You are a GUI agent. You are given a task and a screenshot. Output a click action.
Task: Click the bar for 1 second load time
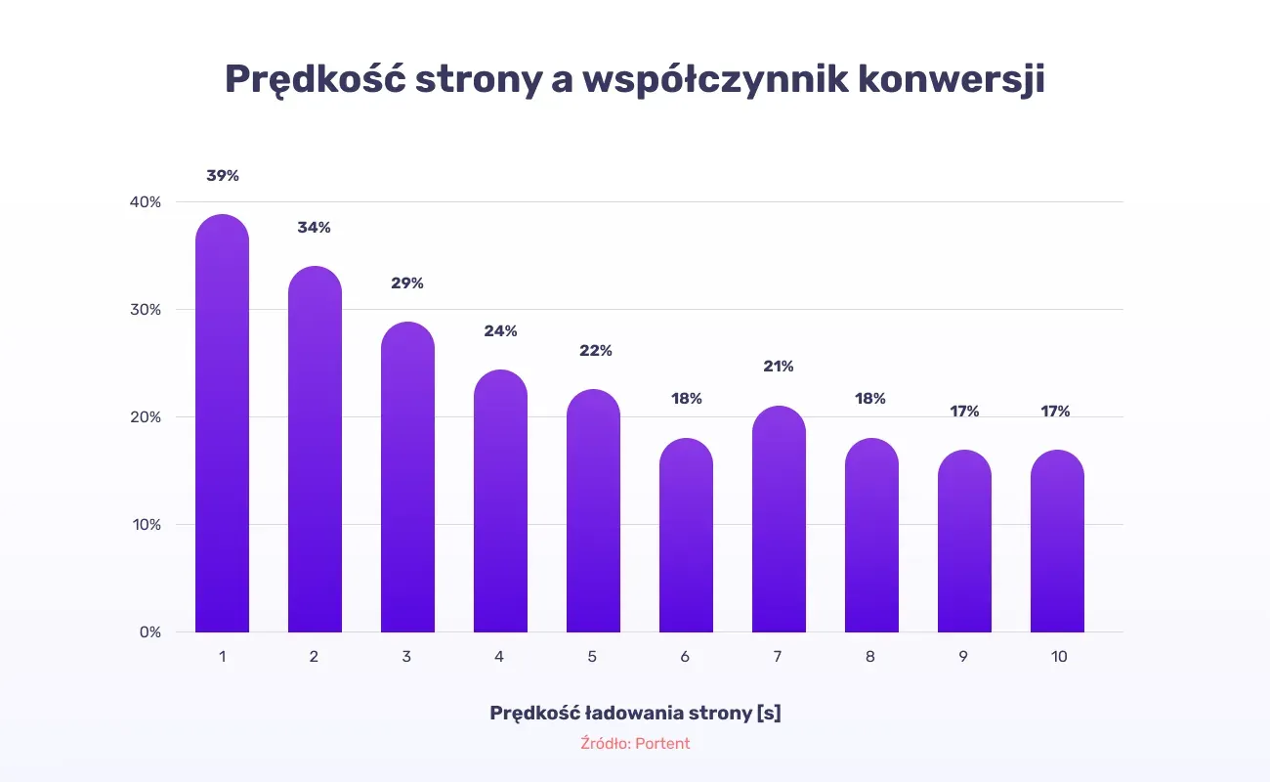point(223,423)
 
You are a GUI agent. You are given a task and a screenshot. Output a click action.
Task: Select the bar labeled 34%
point(315,449)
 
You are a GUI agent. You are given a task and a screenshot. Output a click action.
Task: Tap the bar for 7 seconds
point(779,519)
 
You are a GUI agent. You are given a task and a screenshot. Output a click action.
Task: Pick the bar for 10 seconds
point(1057,541)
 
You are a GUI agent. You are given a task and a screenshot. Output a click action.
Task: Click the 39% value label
point(223,176)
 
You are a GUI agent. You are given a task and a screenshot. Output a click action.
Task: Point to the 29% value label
point(407,283)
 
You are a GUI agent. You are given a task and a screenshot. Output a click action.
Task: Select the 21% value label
point(779,367)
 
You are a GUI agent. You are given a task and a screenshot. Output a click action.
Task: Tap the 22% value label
point(596,351)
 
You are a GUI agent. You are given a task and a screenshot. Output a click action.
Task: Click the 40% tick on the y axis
point(146,202)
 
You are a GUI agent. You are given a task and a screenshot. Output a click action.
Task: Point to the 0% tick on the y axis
point(150,632)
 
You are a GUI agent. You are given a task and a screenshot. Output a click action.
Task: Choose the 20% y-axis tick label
point(146,417)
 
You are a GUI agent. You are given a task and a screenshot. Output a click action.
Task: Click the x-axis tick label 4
point(499,657)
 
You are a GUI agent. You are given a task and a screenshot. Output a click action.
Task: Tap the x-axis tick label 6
point(685,657)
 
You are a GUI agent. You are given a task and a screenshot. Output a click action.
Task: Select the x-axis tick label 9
point(963,657)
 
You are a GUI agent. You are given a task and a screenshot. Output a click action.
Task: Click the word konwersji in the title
point(952,79)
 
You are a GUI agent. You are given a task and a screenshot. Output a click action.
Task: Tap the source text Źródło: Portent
point(635,744)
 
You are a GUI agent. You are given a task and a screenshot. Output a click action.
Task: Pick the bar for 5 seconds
point(593,510)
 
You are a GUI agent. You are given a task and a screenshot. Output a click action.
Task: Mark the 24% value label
point(500,330)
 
